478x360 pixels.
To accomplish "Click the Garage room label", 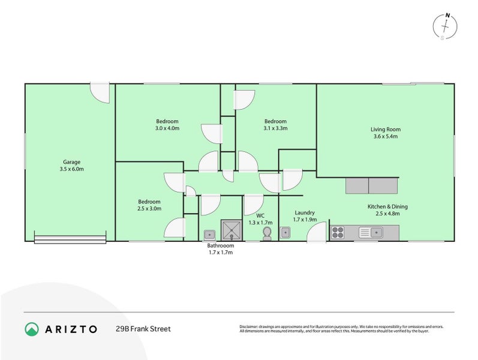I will (x=72, y=161).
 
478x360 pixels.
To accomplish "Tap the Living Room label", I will (x=385, y=129).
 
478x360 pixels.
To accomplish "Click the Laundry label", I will (x=305, y=212).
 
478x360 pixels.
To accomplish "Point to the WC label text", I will (x=260, y=215).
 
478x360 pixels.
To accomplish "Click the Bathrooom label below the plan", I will (x=221, y=245).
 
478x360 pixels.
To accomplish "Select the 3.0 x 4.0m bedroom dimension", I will (x=167, y=128).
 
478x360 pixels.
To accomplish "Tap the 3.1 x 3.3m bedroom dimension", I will (x=275, y=128).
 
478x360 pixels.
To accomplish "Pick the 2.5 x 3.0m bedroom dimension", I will (x=149, y=209).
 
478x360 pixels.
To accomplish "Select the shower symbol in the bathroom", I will (x=230, y=229).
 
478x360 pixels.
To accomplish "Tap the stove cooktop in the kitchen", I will (x=338, y=232).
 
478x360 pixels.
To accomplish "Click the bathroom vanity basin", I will (x=209, y=234).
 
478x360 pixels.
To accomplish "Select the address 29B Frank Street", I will (x=143, y=329).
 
